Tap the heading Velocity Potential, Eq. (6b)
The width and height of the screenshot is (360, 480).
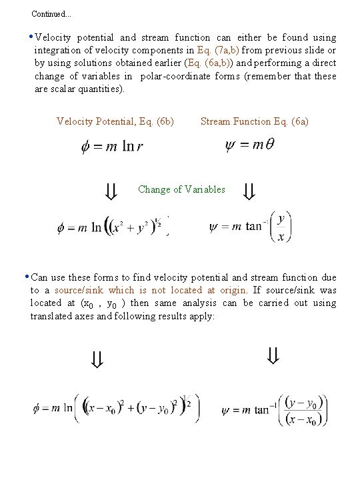tap(115, 121)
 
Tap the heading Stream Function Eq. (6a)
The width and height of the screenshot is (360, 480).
tap(254, 121)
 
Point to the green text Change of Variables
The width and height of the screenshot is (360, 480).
tap(181, 189)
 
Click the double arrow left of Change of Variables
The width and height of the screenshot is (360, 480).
tap(111, 193)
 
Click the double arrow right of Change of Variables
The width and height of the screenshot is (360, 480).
tap(249, 193)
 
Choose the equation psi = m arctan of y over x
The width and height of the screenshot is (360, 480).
tap(251, 227)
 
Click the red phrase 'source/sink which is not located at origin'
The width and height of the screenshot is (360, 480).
tap(150, 290)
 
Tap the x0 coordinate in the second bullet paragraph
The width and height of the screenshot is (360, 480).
tap(89, 303)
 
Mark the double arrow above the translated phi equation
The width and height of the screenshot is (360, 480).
tap(97, 361)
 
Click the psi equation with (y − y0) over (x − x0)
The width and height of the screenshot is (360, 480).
tap(275, 409)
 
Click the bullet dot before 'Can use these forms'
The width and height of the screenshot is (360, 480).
tap(25, 277)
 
